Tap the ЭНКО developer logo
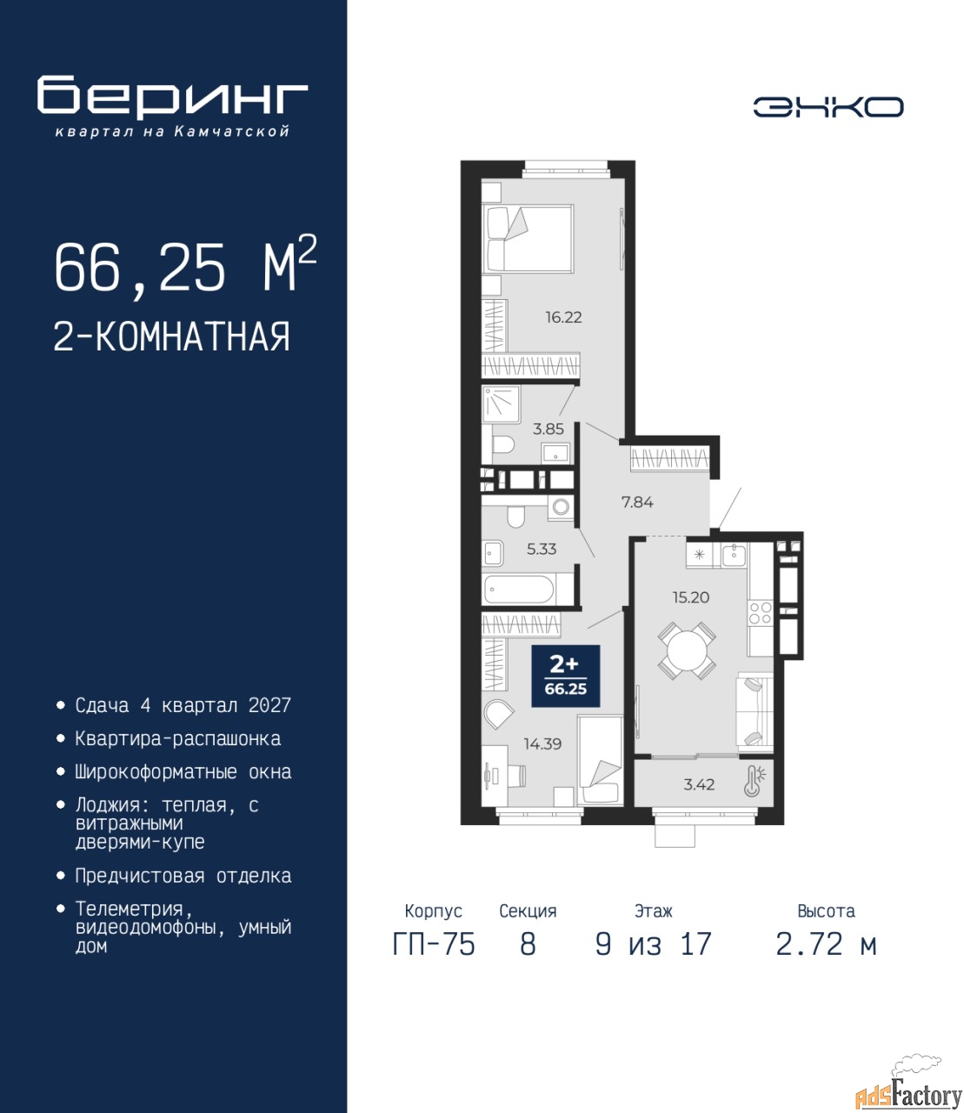(x=828, y=107)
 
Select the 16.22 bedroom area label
(x=563, y=317)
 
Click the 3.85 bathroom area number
(x=548, y=430)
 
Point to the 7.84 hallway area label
(x=637, y=503)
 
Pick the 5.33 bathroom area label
(x=542, y=550)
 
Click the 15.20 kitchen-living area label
(x=690, y=597)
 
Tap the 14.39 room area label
(x=542, y=743)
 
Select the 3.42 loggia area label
(x=699, y=784)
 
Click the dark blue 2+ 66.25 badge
(x=565, y=676)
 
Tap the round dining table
(x=686, y=650)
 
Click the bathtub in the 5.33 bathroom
(x=519, y=589)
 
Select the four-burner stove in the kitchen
(x=761, y=613)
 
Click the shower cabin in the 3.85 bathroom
(x=501, y=403)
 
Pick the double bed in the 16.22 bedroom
(x=528, y=238)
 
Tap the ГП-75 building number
(x=433, y=944)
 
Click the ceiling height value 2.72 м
(x=826, y=944)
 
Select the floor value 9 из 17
(x=654, y=944)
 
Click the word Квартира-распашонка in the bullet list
(x=178, y=738)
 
